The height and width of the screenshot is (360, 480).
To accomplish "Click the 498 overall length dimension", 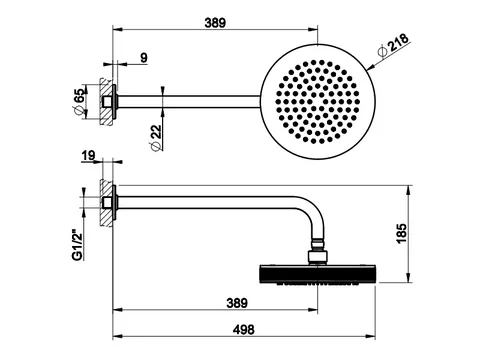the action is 244,330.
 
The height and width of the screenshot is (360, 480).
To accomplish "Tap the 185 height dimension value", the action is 402,233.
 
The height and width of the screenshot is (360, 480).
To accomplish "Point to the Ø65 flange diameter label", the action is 79,102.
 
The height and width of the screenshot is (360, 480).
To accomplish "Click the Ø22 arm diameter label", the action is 156,138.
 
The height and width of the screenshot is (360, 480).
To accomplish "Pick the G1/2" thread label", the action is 77,245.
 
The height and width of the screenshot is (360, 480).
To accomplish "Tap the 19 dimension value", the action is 88,156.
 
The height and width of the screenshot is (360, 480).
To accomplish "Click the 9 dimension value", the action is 144,58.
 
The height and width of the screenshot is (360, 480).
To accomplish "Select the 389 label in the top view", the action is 215,23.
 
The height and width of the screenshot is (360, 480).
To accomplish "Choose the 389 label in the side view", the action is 237,303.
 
